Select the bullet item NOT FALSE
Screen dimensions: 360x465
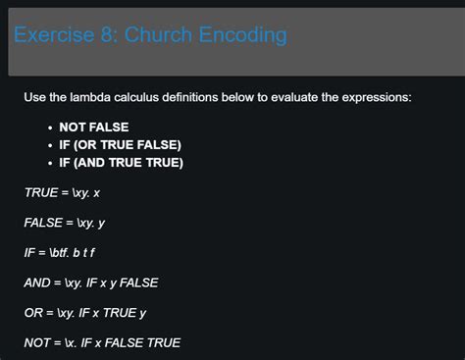[93, 128]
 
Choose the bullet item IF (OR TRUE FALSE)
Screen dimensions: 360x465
[120, 145]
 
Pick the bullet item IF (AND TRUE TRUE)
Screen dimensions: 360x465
[121, 163]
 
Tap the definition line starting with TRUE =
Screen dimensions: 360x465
[62, 192]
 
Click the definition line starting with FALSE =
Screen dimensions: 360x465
[65, 223]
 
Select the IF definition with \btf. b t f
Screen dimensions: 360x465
[66, 252]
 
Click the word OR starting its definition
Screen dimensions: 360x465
[33, 313]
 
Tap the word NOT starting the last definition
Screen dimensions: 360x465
[36, 342]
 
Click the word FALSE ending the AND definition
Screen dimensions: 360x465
[138, 283]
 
